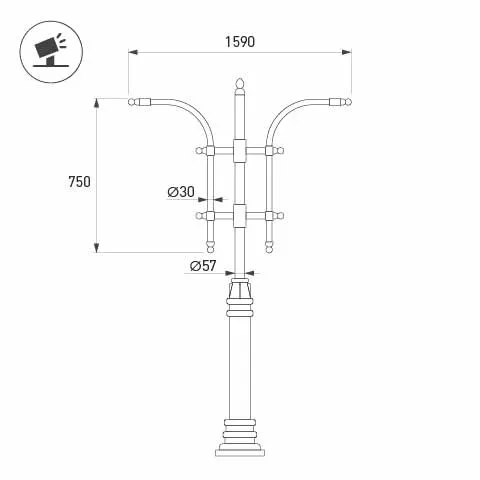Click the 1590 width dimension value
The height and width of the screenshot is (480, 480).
coord(240,42)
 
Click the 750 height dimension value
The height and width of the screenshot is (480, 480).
coord(79,181)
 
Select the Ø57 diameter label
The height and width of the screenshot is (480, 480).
coord(203,265)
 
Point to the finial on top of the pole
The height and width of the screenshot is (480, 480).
coord(239,82)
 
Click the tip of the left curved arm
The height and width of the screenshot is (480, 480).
coord(134,101)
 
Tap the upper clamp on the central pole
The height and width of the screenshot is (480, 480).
coord(239,151)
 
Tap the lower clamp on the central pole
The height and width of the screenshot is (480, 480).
coord(239,214)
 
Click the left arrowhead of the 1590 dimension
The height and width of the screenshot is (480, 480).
coord(132,53)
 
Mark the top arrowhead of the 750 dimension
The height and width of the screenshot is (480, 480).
coord(96,102)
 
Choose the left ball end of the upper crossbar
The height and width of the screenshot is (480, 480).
coord(199,151)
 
